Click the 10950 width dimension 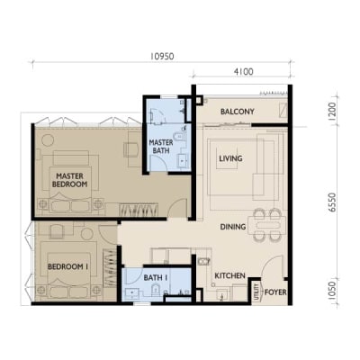coord(162,56)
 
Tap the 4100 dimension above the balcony coord(243,72)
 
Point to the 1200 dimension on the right coord(332,112)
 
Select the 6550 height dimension coord(332,202)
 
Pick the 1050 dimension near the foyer coord(332,291)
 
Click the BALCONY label coord(238,112)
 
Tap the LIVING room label coord(230,158)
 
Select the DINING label coord(233,227)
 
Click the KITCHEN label coord(230,275)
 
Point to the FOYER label coord(275,292)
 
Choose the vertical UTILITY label coord(256,292)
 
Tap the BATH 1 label coord(156,278)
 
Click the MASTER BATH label coord(161,147)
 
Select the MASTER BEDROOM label coord(70,180)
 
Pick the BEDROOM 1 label coord(67,266)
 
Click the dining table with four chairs coord(269,225)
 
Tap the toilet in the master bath coord(180,135)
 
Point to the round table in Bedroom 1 coord(87,234)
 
